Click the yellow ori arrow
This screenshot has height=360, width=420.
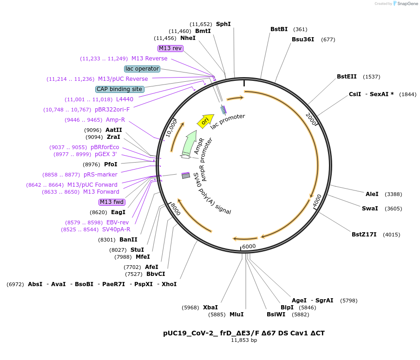click(205, 121)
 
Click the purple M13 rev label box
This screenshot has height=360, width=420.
click(171, 48)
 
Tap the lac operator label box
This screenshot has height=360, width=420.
click(142, 69)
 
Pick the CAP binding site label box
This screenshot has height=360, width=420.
click(120, 89)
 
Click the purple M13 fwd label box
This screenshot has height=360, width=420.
click(112, 202)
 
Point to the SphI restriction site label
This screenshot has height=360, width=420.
click(223, 24)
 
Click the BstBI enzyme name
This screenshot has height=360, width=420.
click(279, 29)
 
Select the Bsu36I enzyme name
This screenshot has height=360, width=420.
click(302, 39)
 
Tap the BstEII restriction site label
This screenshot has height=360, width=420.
click(347, 77)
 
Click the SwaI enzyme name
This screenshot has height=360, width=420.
click(370, 209)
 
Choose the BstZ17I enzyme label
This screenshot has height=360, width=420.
click(364, 235)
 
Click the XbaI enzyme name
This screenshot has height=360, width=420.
click(210, 307)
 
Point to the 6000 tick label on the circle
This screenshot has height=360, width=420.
click(249, 246)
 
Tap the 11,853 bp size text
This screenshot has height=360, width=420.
click(244, 340)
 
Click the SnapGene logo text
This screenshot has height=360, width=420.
click(407, 3)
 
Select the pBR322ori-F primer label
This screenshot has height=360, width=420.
click(112, 110)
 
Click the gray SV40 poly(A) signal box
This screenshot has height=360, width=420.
click(186, 176)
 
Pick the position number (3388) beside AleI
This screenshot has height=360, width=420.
click(393, 194)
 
